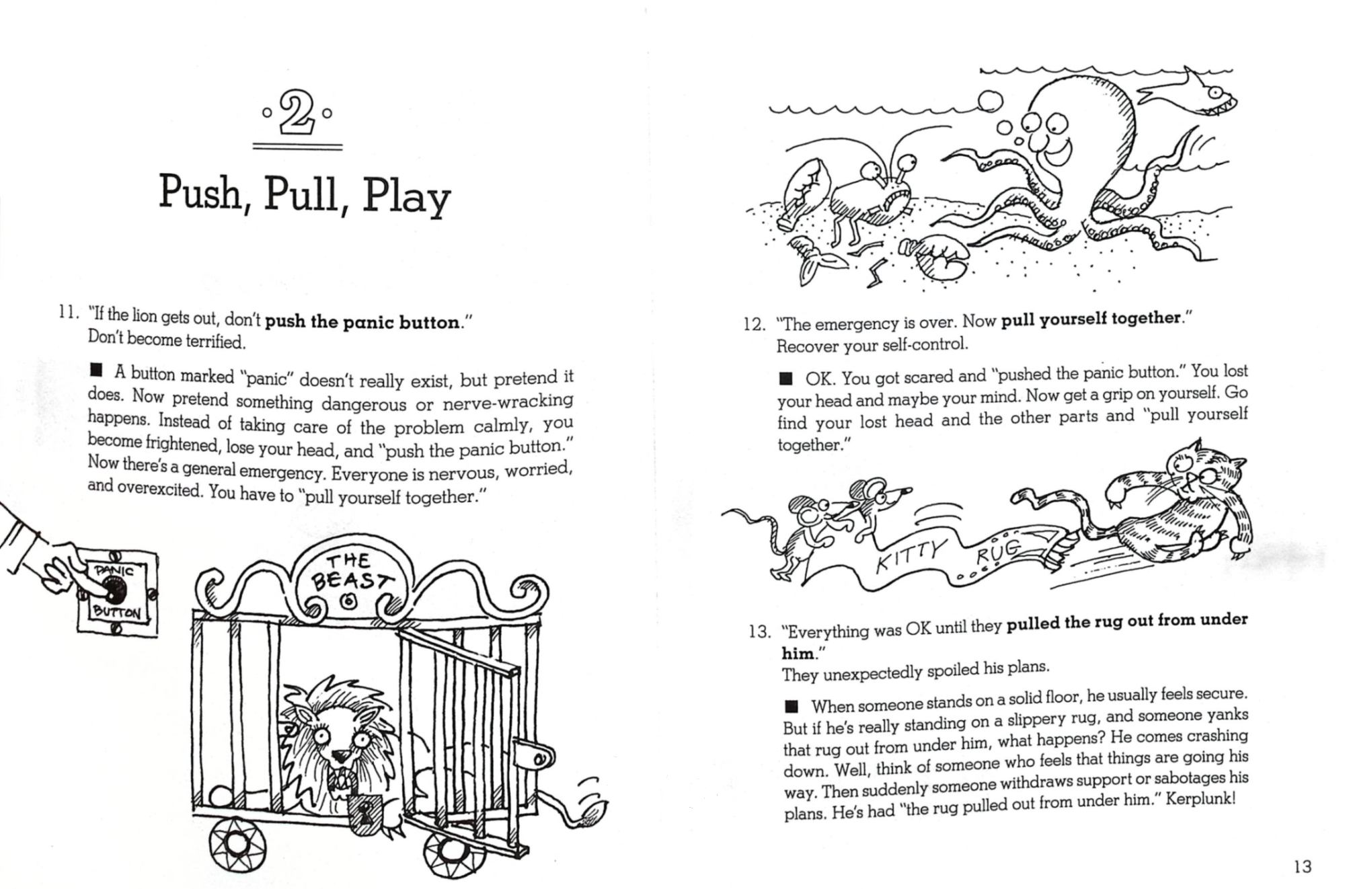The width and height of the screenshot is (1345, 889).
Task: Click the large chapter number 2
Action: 297,114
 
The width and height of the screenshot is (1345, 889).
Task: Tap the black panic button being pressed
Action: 115,591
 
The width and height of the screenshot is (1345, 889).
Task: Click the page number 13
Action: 1302,866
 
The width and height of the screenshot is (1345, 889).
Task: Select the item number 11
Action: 69,313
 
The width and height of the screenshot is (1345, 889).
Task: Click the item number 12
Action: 755,324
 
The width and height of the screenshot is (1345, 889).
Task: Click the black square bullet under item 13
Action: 792,706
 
